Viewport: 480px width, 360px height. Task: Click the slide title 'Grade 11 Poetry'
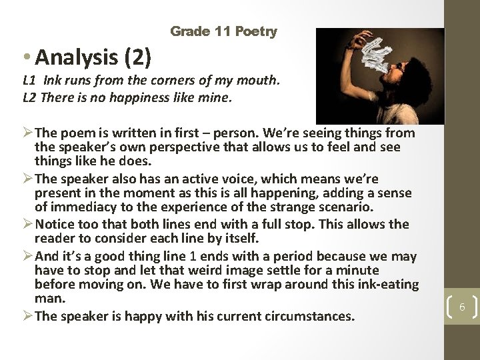coord(224,31)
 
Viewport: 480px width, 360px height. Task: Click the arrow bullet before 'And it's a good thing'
coord(27,257)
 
